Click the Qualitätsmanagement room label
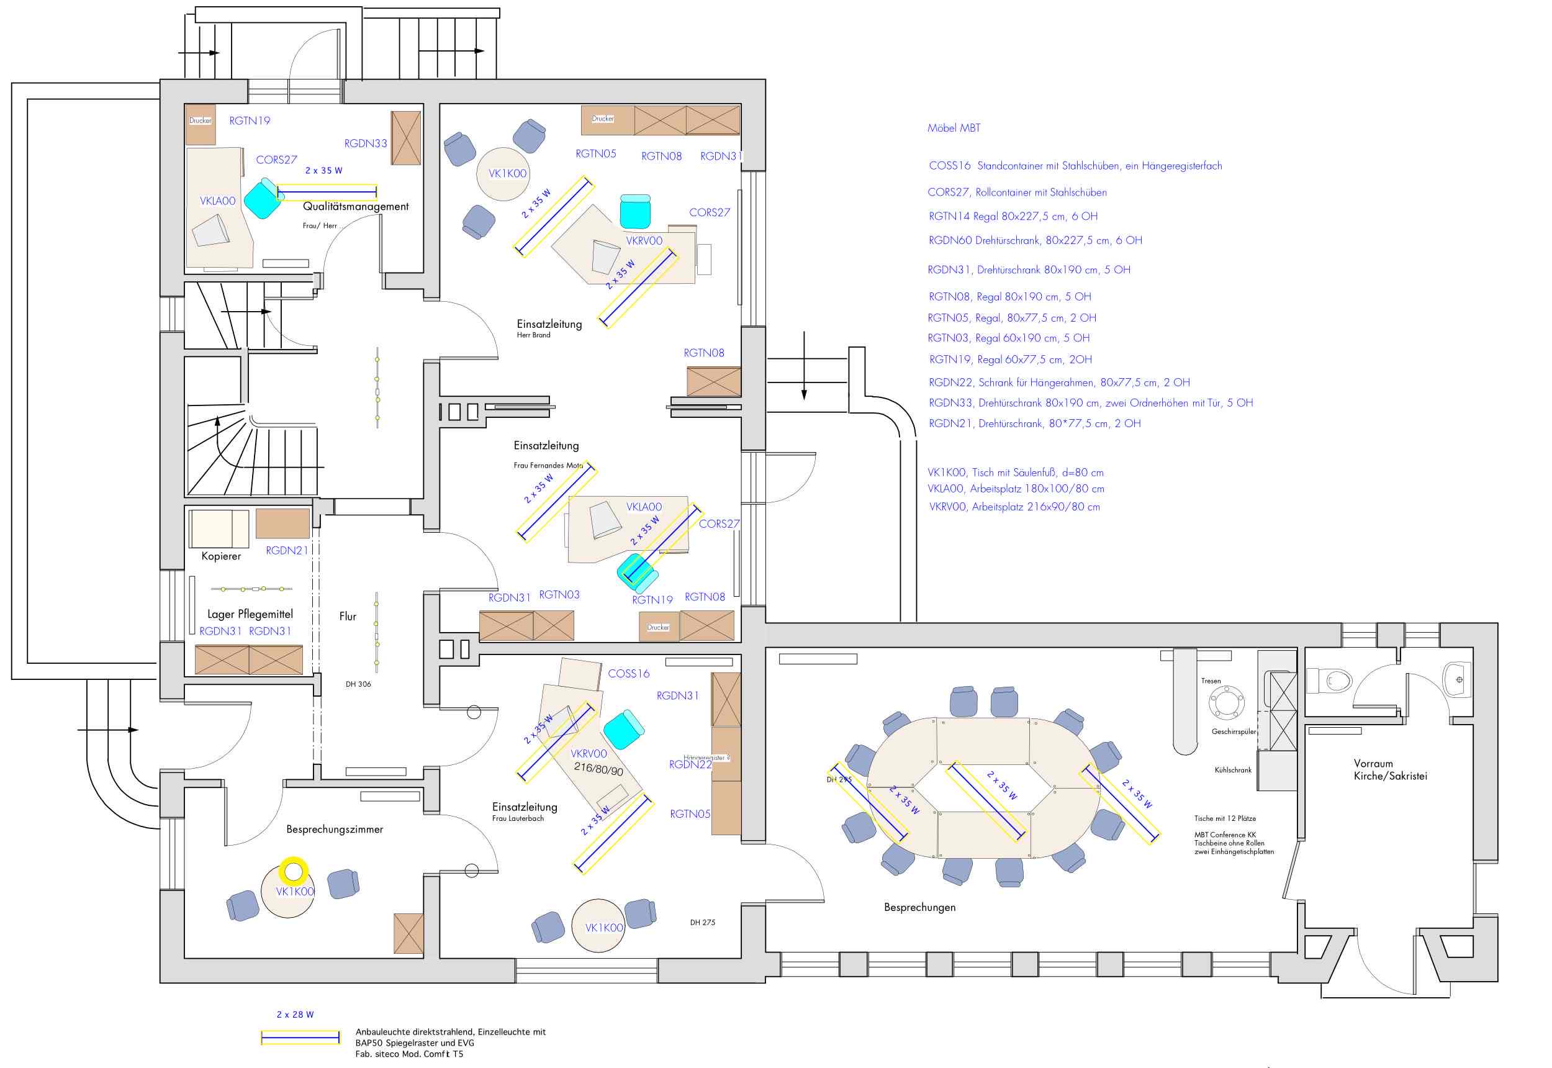click(x=355, y=207)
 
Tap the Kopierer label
click(x=221, y=556)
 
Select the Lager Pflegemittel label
click(x=250, y=614)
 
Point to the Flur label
click(x=347, y=617)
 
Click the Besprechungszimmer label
click(x=335, y=830)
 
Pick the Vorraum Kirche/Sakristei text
click(x=1390, y=769)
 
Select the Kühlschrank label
click(x=1233, y=770)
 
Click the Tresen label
click(x=1211, y=681)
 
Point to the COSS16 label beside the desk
click(x=628, y=674)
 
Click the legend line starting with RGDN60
click(x=1035, y=240)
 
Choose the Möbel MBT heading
click(x=954, y=128)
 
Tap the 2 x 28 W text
click(x=295, y=1015)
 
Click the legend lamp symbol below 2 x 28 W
click(x=300, y=1039)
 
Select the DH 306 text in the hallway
click(x=358, y=684)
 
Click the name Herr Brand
click(x=533, y=335)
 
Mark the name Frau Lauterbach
click(x=518, y=818)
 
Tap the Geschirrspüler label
click(x=1234, y=732)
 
